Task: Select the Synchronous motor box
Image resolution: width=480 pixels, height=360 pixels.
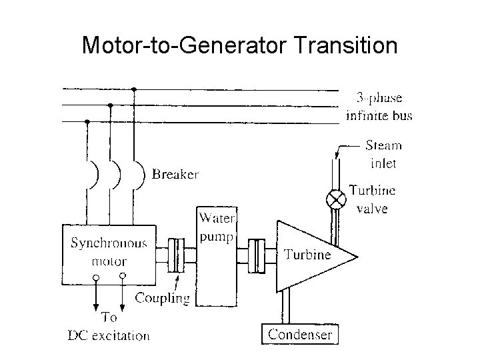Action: (109, 250)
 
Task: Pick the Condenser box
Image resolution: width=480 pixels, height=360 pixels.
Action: (299, 333)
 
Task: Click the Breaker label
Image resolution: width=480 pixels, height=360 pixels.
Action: (175, 175)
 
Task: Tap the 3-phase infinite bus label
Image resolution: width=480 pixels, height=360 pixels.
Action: (379, 107)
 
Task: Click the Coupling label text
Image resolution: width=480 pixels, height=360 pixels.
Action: (162, 298)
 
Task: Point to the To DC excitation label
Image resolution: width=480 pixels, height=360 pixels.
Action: (109, 327)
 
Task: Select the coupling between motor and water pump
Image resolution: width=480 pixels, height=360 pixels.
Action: (176, 255)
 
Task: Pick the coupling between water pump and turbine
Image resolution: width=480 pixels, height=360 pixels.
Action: (256, 255)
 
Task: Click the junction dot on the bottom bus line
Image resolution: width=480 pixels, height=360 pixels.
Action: (87, 121)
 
